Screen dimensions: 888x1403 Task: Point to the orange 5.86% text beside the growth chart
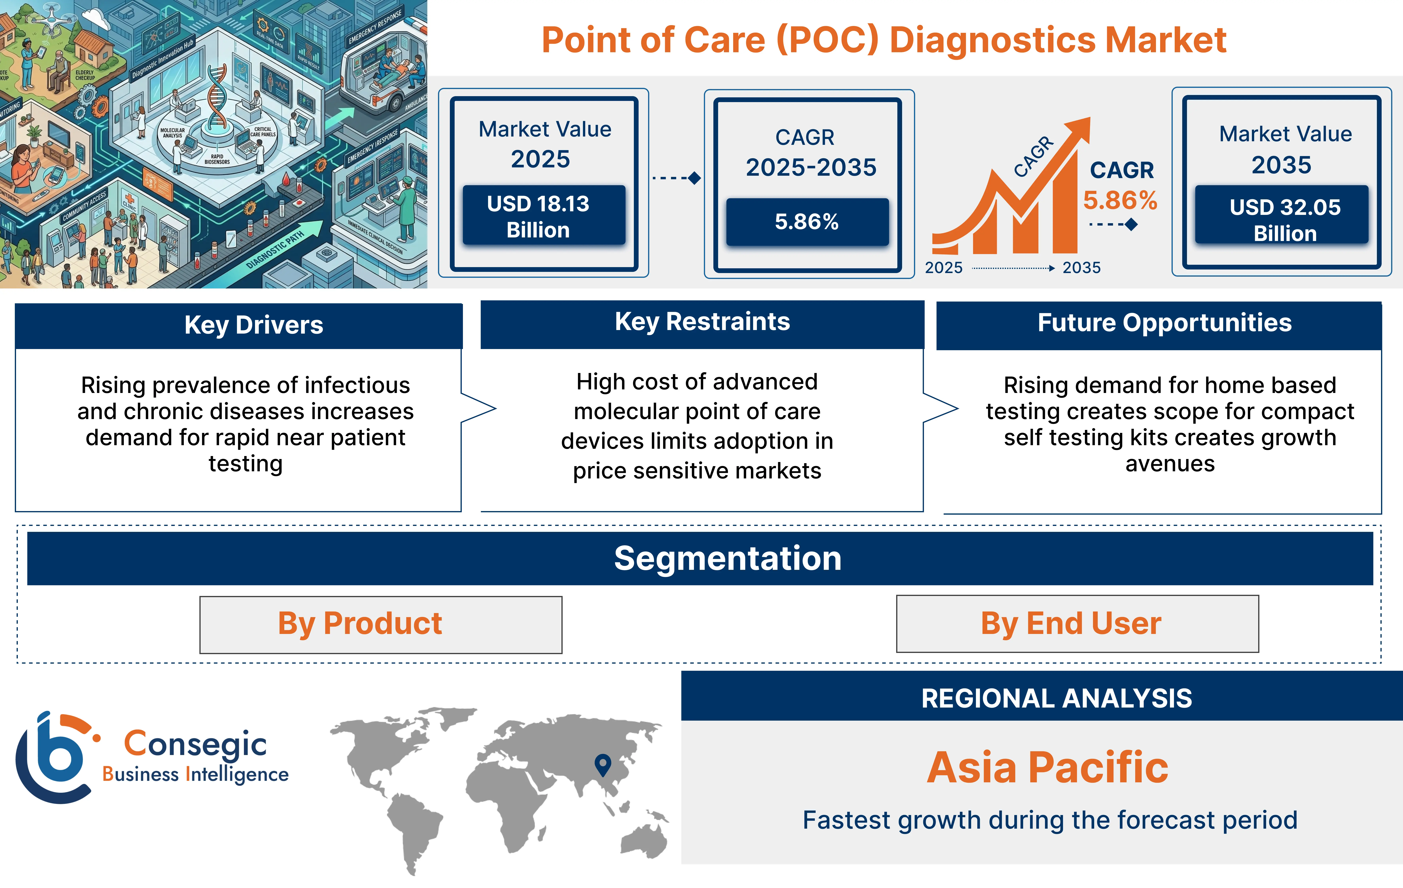pyautogui.click(x=1120, y=200)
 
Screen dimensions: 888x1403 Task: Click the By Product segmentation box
pyautogui.click(x=380, y=624)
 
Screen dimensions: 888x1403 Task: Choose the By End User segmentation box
pyautogui.click(x=1077, y=623)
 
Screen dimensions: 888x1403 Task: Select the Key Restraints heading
pyautogui.click(x=702, y=322)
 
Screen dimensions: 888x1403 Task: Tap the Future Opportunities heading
pyautogui.click(x=1164, y=323)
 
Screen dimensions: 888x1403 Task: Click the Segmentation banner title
pyautogui.click(x=728, y=558)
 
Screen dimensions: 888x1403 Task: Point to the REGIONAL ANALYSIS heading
pyautogui.click(x=1056, y=698)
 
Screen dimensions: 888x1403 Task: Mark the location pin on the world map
pyautogui.click(x=602, y=763)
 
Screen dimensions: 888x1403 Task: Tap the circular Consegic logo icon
pyautogui.click(x=55, y=757)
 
